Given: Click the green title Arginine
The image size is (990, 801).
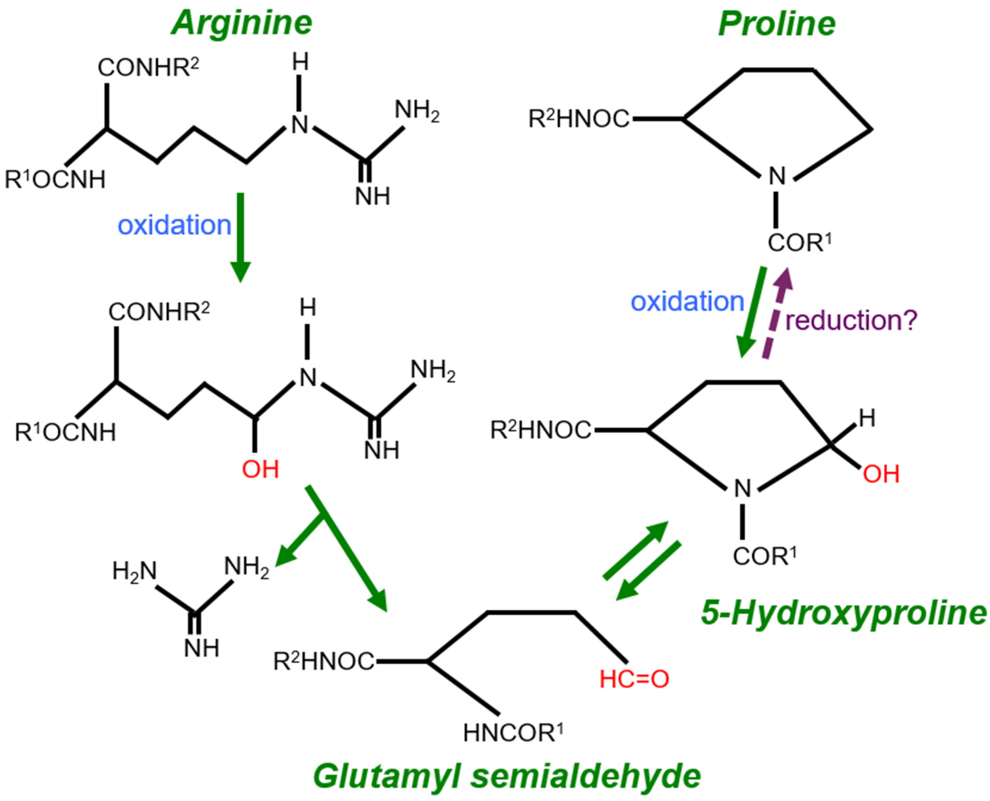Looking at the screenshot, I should (242, 23).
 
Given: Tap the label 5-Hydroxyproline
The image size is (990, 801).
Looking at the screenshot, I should (844, 613).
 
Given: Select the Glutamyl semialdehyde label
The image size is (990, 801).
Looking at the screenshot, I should (507, 776).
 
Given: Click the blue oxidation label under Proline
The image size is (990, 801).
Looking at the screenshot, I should (687, 302).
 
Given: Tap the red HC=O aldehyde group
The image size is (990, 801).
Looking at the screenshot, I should (634, 679).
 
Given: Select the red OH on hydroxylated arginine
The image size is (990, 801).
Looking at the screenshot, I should (261, 470).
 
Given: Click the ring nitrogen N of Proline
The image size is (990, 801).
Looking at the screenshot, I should (777, 176).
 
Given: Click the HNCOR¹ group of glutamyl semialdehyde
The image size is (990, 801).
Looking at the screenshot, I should (513, 733).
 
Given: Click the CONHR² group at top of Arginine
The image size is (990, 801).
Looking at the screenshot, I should (148, 68).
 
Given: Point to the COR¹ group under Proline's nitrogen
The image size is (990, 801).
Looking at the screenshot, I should (799, 243).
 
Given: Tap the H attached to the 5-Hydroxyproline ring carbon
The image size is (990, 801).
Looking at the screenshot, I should (867, 419).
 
